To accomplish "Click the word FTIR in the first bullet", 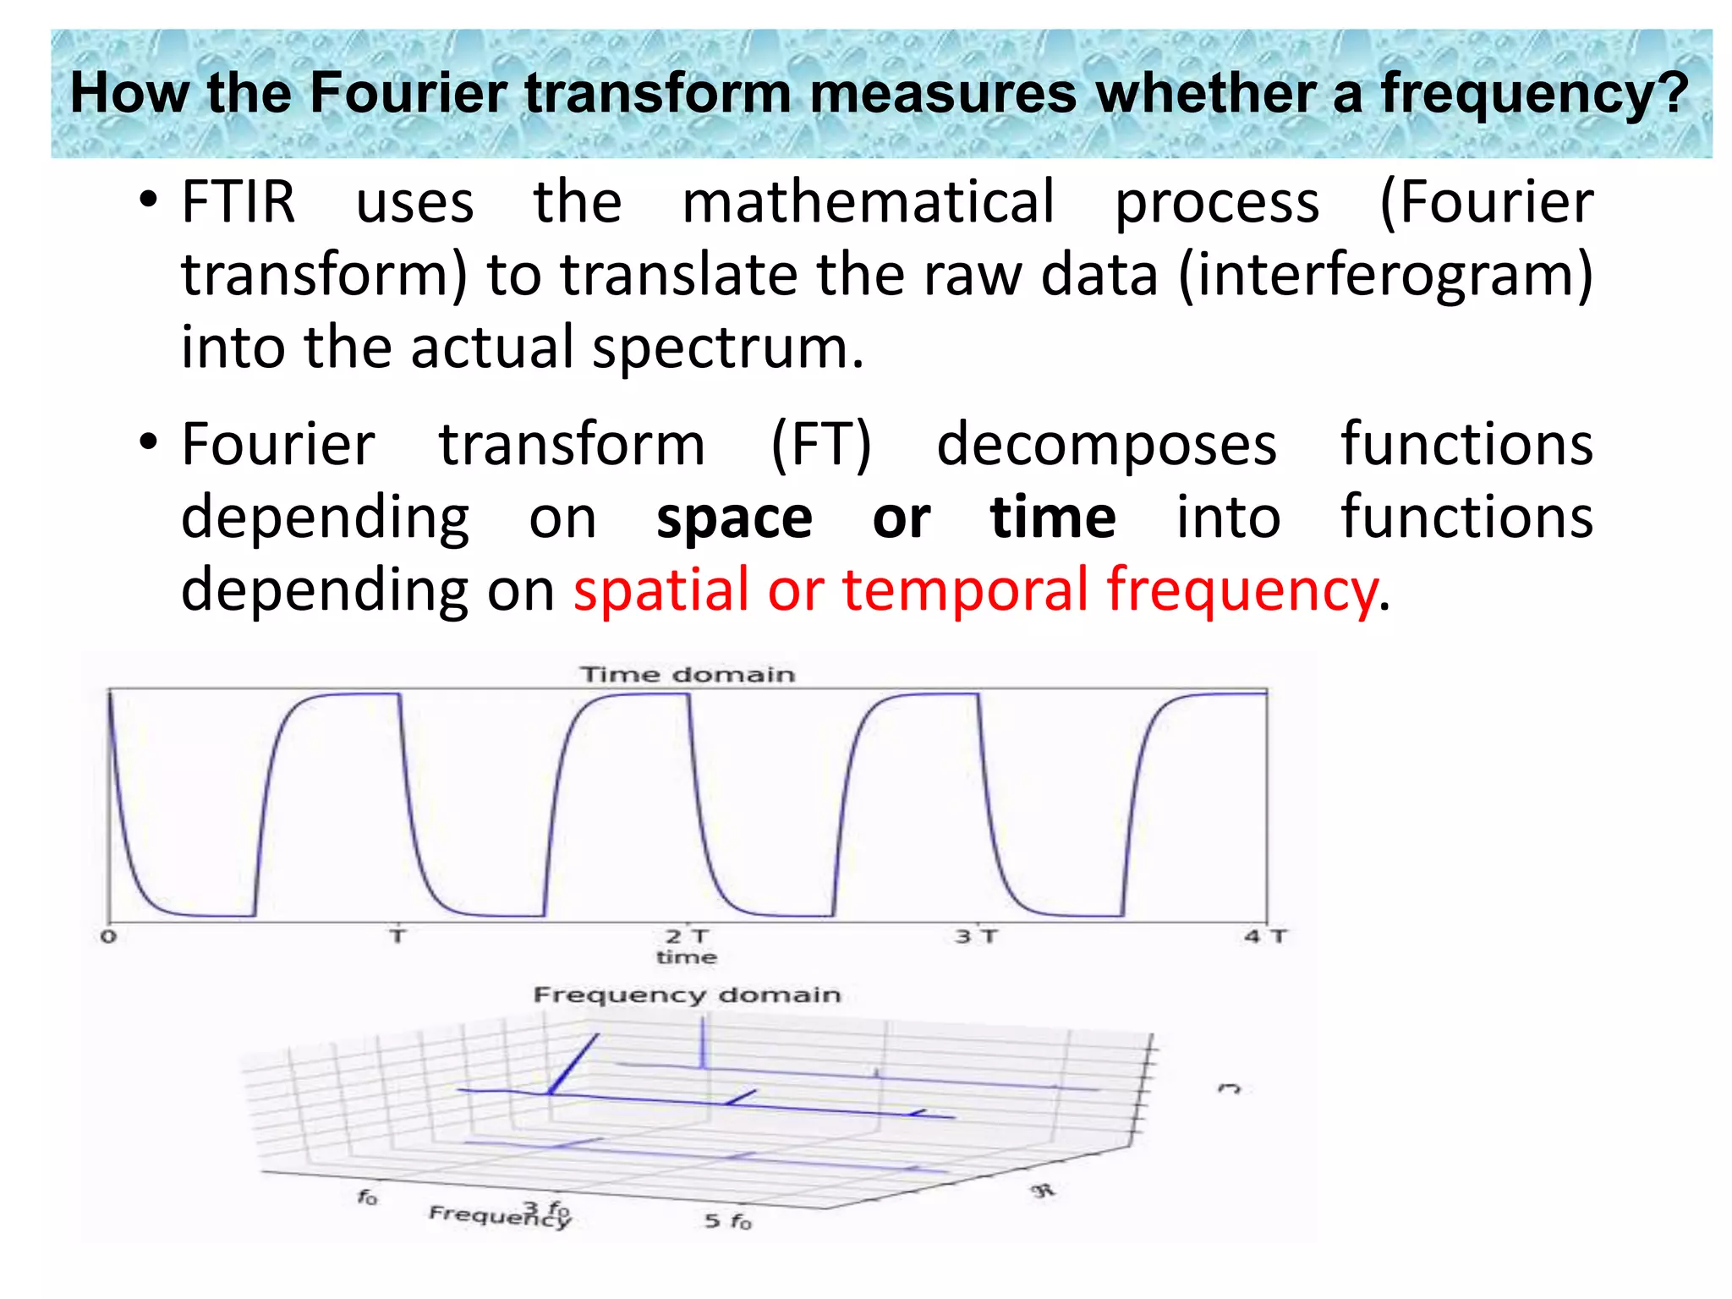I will (238, 203).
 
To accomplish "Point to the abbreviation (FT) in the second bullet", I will (820, 446).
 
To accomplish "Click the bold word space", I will (734, 518).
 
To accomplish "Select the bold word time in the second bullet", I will (1053, 518).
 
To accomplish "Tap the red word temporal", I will (965, 590).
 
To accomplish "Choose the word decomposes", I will (1106, 446).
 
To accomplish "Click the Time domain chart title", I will (687, 675).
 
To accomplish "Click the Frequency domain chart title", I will (687, 995).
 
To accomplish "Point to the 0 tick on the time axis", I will (108, 937).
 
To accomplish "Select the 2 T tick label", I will (687, 936).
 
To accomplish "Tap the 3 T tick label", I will (976, 936).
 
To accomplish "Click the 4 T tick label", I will (1264, 936).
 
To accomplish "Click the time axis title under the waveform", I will (687, 957).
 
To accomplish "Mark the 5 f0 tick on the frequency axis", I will (727, 1221).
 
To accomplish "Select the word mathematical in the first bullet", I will (869, 203).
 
